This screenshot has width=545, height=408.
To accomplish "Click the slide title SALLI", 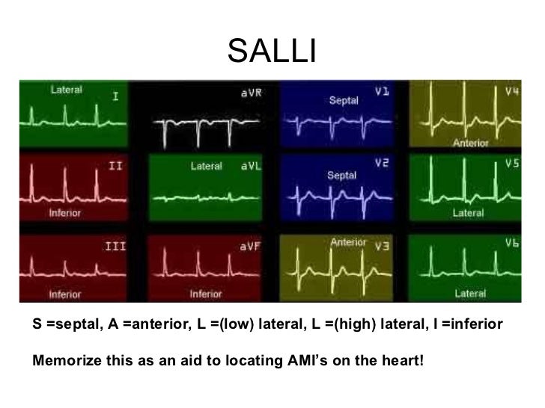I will (x=272, y=51).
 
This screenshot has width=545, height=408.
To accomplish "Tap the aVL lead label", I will (x=250, y=167).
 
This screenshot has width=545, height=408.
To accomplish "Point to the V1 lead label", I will (x=382, y=93).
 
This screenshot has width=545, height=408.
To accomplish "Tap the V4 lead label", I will (x=513, y=93).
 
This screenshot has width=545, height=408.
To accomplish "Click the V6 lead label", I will (x=512, y=244).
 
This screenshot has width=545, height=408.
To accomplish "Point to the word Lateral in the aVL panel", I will (x=206, y=167).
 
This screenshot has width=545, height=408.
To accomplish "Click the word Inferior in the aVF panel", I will (x=205, y=294).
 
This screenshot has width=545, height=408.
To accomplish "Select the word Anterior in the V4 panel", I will (x=471, y=143).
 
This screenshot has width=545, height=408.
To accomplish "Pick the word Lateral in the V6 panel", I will (x=470, y=294).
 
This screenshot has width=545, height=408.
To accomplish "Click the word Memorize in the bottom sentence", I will (x=64, y=362).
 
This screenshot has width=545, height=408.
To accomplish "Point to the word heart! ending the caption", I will (x=403, y=362).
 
